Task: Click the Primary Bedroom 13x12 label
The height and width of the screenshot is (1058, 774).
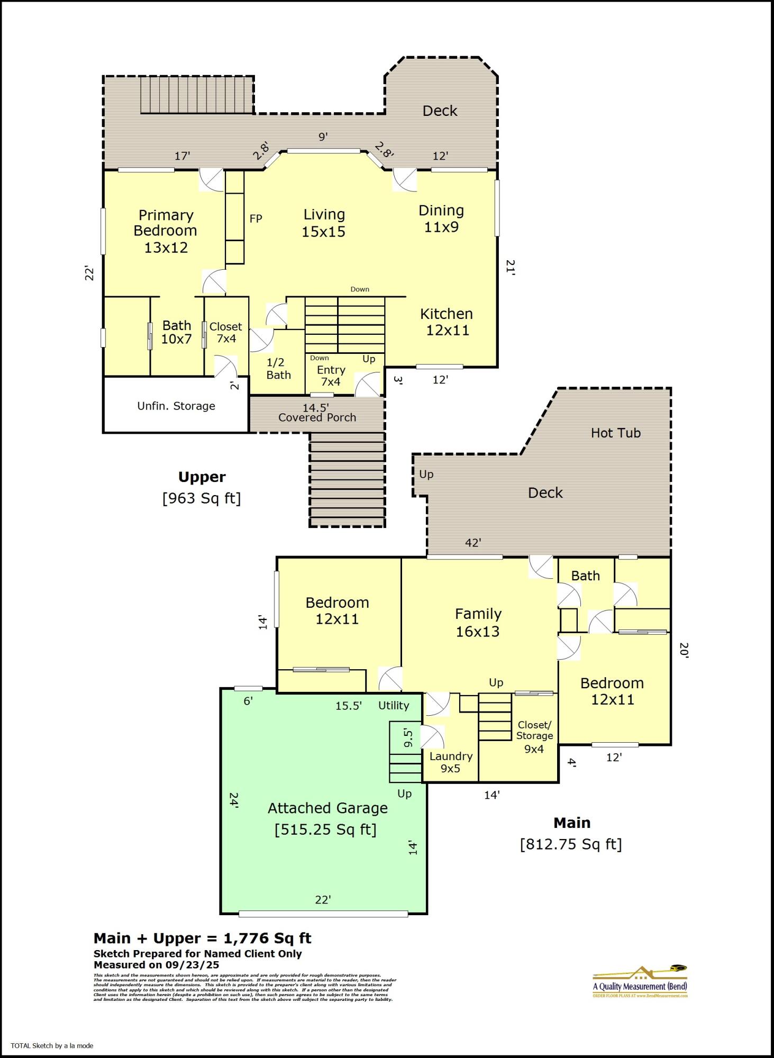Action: [165, 231]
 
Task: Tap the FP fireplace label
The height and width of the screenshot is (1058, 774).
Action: [256, 218]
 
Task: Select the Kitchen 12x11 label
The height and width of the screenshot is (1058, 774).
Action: [447, 322]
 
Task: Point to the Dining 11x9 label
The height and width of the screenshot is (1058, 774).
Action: [441, 218]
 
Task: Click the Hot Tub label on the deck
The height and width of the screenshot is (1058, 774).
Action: [615, 433]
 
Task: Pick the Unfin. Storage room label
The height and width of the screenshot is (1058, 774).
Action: [176, 406]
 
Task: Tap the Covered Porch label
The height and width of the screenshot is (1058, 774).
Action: [317, 417]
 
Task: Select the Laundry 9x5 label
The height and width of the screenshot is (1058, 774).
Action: [451, 762]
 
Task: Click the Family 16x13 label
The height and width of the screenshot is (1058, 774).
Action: [478, 622]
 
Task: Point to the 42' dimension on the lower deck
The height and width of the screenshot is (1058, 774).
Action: [472, 543]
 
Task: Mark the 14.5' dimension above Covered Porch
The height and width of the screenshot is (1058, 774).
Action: [315, 408]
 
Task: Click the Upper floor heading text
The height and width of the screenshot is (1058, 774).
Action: [202, 477]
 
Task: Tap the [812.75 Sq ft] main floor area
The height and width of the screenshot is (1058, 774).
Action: [571, 844]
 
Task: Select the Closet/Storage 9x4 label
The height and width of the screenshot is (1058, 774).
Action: [534, 736]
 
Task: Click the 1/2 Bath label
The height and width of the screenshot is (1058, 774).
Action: [278, 369]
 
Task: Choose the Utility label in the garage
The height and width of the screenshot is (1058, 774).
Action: [393, 705]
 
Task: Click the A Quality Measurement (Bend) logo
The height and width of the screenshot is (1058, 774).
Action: [640, 982]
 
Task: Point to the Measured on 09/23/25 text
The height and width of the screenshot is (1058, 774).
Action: [156, 965]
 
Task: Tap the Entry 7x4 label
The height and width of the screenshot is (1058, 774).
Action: [331, 376]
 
